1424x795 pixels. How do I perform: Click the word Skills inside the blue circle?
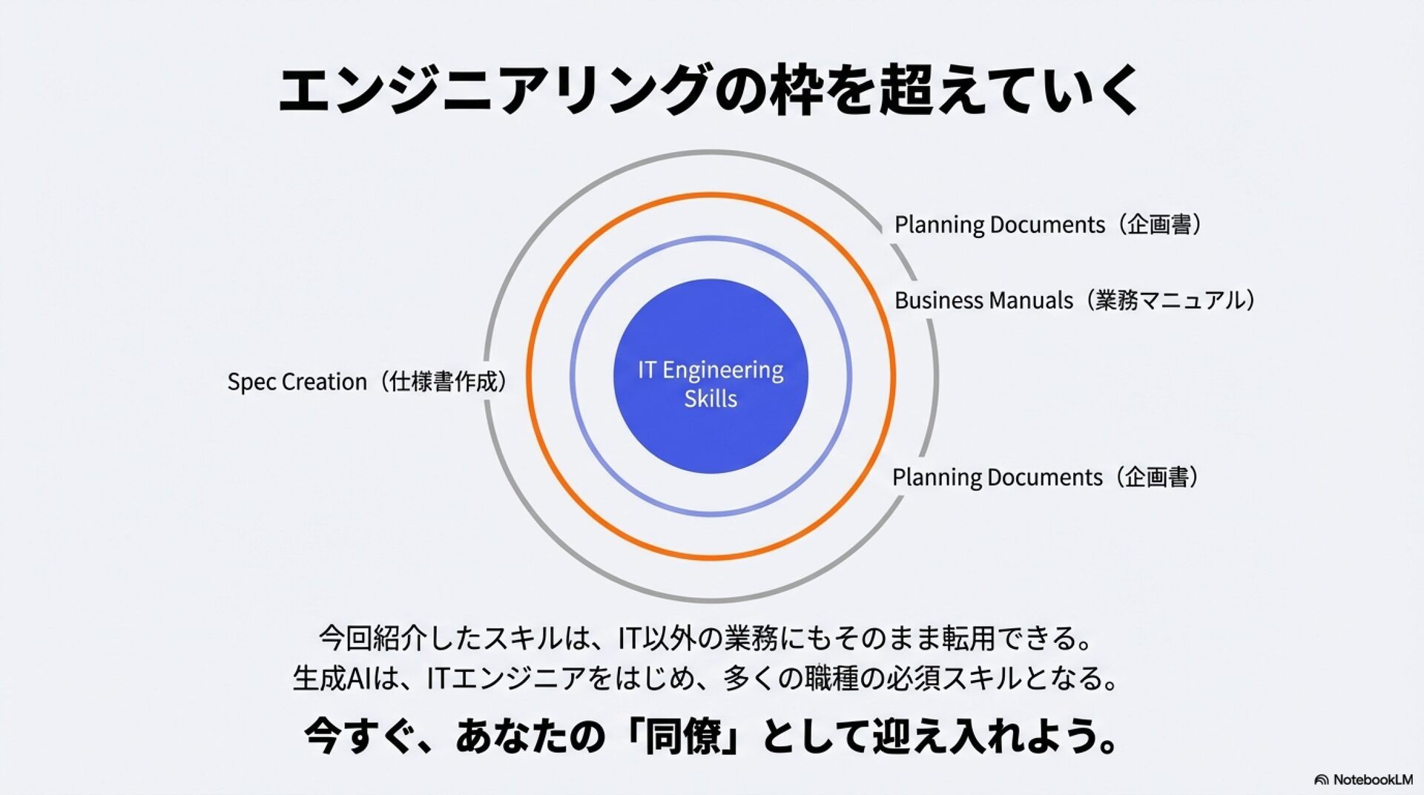click(x=711, y=399)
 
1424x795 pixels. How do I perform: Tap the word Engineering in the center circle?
click(x=722, y=370)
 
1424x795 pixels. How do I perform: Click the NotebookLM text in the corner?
click(x=1373, y=779)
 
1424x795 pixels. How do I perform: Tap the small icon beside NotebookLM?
click(x=1321, y=780)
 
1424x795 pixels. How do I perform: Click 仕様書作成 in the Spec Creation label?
click(x=444, y=382)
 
